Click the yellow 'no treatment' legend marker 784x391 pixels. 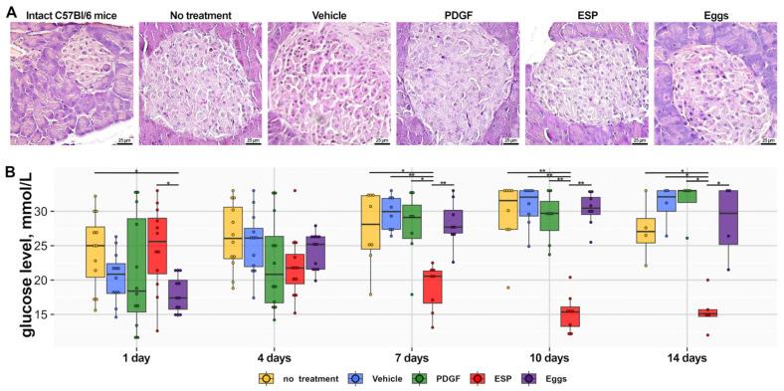(266, 379)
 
